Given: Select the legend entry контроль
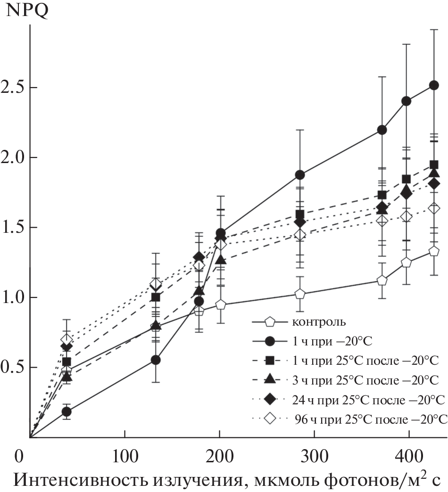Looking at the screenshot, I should point(320,323).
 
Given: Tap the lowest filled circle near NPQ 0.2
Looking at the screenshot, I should point(66,411).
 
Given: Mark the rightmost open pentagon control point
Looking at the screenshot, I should point(434,252).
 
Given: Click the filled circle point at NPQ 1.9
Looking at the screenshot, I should point(299,175).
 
